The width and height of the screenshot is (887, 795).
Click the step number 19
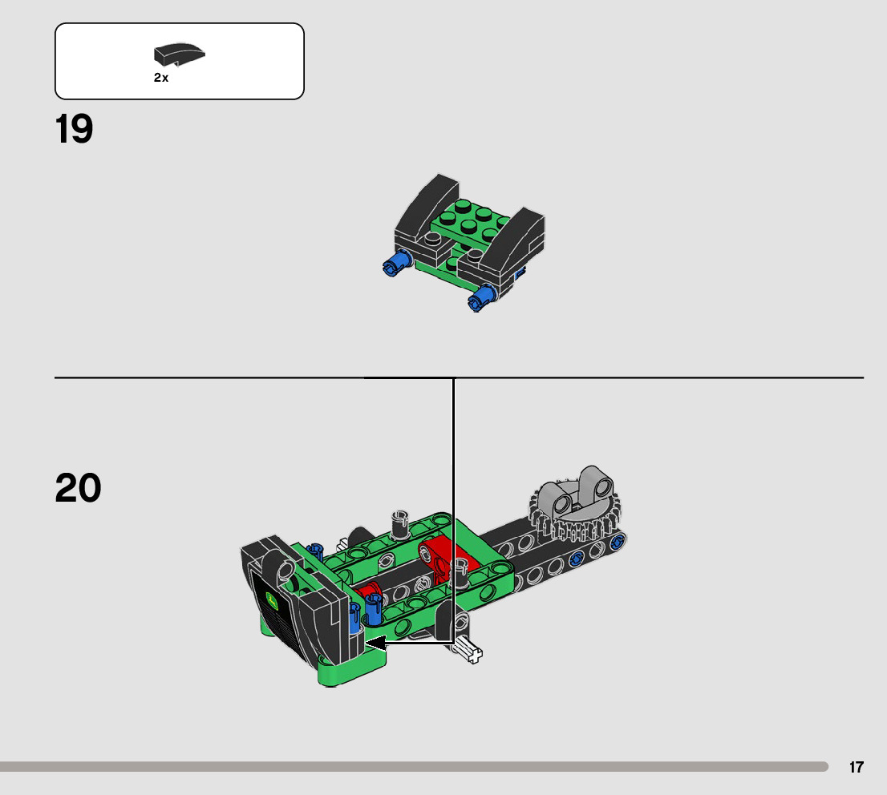click(x=74, y=130)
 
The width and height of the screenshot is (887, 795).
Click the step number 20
click(x=78, y=488)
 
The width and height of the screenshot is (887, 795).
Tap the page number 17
click(x=857, y=767)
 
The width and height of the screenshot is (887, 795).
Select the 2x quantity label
click(x=161, y=79)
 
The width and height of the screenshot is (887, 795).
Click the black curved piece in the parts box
click(x=180, y=54)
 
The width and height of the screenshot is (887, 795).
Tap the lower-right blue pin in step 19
click(x=482, y=299)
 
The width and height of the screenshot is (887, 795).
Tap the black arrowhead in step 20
click(x=375, y=642)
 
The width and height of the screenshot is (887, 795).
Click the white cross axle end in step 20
click(x=471, y=652)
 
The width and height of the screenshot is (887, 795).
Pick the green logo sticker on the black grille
click(x=273, y=601)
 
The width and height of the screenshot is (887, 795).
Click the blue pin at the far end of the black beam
click(x=618, y=543)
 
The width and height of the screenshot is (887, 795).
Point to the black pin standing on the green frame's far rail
click(x=400, y=524)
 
